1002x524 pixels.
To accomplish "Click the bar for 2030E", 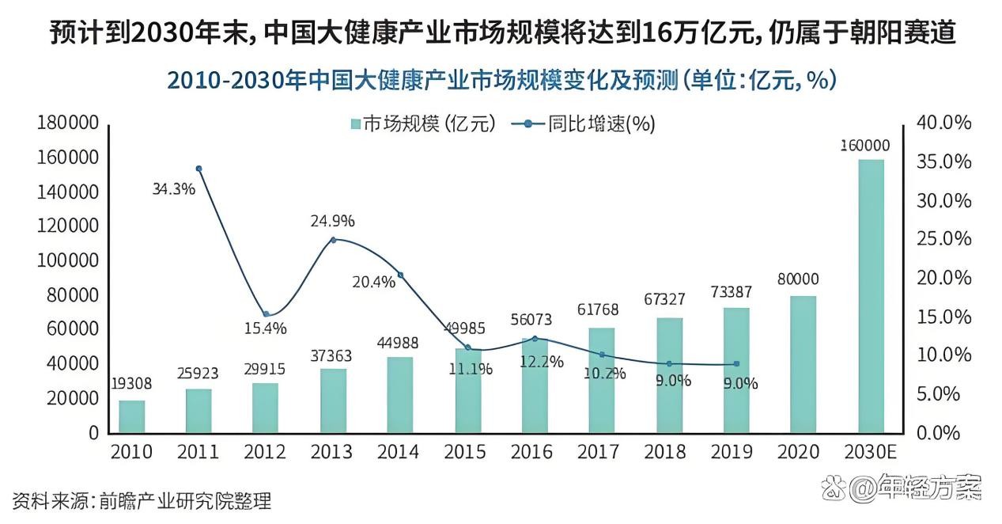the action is pyautogui.click(x=871, y=296).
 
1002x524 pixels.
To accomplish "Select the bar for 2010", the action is pyautogui.click(x=132, y=416).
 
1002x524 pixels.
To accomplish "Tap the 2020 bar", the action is pyautogui.click(x=803, y=365).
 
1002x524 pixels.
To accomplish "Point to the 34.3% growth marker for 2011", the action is pyautogui.click(x=199, y=169).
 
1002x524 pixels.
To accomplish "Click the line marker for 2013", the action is pyautogui.click(x=333, y=240).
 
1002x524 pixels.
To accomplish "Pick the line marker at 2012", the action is pyautogui.click(x=267, y=314).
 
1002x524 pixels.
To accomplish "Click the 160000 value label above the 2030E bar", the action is pyautogui.click(x=865, y=146).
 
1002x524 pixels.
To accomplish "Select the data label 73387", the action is pyautogui.click(x=732, y=292).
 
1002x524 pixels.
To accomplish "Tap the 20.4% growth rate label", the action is pyautogui.click(x=373, y=282).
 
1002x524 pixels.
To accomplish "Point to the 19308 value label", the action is pyautogui.click(x=131, y=384).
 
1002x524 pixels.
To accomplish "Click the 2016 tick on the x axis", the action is pyautogui.click(x=531, y=452).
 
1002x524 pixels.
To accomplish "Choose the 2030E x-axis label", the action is pyautogui.click(x=871, y=452).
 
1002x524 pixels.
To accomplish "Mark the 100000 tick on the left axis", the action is pyautogui.click(x=67, y=260).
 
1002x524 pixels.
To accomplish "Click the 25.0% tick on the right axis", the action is pyautogui.click(x=943, y=239).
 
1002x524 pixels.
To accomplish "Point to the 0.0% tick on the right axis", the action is pyautogui.click(x=939, y=433).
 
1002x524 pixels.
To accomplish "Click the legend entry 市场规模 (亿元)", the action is pyautogui.click(x=424, y=123).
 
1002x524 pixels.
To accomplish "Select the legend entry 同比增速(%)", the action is pyautogui.click(x=584, y=123).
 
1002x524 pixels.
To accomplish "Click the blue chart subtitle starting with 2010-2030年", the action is pyautogui.click(x=501, y=81).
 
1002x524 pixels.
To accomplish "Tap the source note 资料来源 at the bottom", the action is pyautogui.click(x=142, y=501).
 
